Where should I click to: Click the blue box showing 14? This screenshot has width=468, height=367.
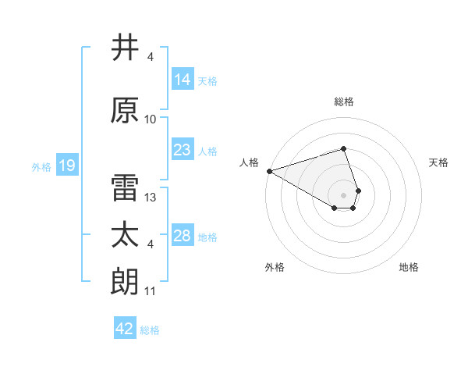[x=183, y=80]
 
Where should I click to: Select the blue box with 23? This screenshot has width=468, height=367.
[x=183, y=150]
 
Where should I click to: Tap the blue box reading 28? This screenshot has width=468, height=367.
[x=183, y=236]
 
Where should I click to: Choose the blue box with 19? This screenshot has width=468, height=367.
[x=66, y=165]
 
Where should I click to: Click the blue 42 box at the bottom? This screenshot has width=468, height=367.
[x=125, y=329]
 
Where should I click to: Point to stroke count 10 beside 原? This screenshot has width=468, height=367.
[x=151, y=119]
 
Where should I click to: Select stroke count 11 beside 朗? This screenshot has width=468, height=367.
[x=151, y=291]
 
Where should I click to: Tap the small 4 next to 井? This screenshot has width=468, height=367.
[x=151, y=57]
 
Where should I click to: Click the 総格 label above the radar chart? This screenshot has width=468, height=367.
[x=344, y=102]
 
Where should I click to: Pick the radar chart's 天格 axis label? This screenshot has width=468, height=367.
[x=439, y=162]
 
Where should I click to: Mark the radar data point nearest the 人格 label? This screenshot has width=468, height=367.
[x=269, y=170]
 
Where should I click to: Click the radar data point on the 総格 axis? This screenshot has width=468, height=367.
[x=343, y=148]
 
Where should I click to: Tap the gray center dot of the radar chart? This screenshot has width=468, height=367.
[x=343, y=194]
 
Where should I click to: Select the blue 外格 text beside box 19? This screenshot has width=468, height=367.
[x=41, y=166]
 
